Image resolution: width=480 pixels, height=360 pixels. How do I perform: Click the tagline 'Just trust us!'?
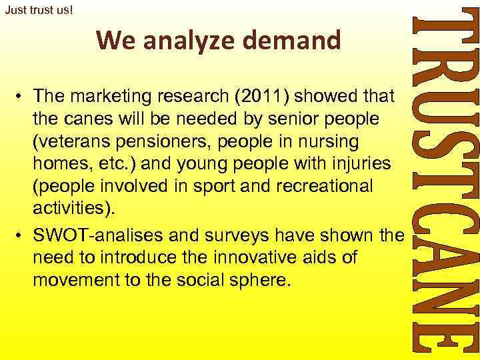38,11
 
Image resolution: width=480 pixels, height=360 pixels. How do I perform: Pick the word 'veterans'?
73,143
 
